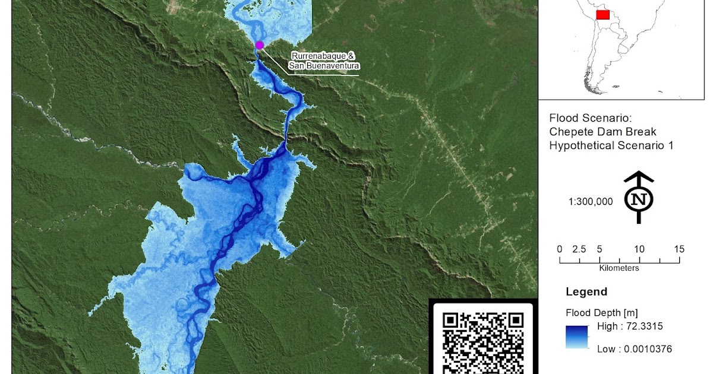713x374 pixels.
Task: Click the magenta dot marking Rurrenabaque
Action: point(259,45)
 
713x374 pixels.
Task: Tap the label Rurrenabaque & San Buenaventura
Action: point(325,61)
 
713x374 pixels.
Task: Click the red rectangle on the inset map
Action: point(602,14)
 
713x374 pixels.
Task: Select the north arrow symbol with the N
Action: point(639,197)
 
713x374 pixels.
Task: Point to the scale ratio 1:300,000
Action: point(590,202)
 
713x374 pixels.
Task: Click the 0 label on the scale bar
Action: point(559,249)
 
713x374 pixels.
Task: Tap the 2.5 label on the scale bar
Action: point(579,249)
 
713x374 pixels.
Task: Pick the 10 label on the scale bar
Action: point(639,249)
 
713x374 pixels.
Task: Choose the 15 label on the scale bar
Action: point(679,249)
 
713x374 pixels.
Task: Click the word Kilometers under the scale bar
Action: point(619,268)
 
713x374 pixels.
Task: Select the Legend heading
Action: point(586,291)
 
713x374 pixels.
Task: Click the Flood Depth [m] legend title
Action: point(601,313)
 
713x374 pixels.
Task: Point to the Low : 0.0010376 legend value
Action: point(635,349)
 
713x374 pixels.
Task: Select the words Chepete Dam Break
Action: point(602,131)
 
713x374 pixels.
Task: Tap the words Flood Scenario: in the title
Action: point(585,118)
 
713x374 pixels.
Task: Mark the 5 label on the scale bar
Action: point(600,249)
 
